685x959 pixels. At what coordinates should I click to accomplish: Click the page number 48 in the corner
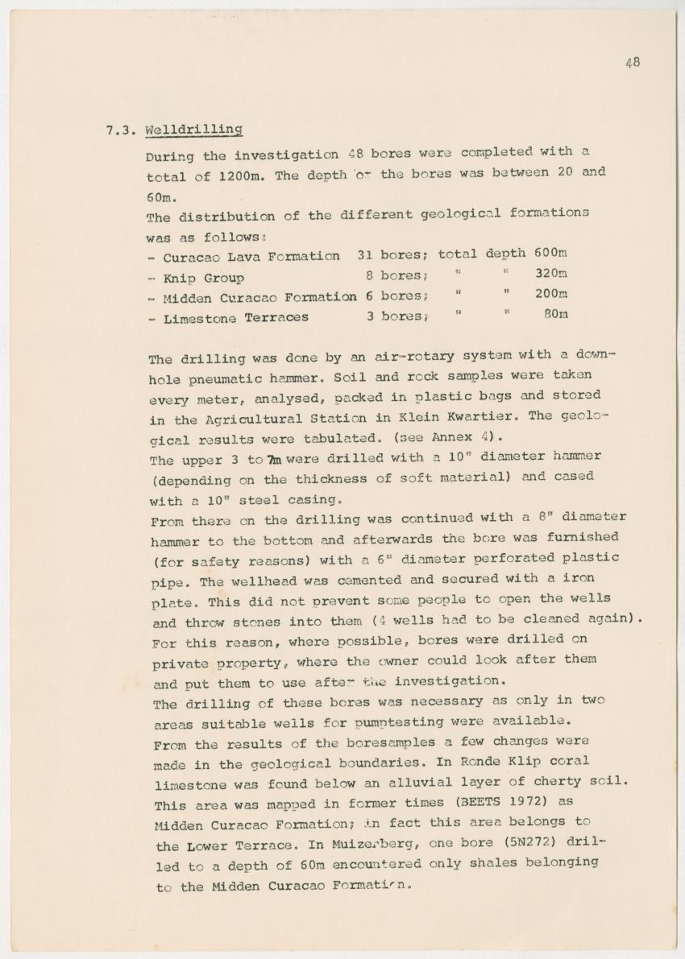tap(633, 62)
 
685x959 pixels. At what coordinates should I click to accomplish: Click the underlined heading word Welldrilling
tap(193, 130)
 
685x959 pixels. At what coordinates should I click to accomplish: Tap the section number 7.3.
tap(121, 130)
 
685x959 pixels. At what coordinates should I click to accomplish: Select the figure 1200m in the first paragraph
tap(239, 176)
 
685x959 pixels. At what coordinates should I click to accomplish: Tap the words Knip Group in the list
tap(203, 279)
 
